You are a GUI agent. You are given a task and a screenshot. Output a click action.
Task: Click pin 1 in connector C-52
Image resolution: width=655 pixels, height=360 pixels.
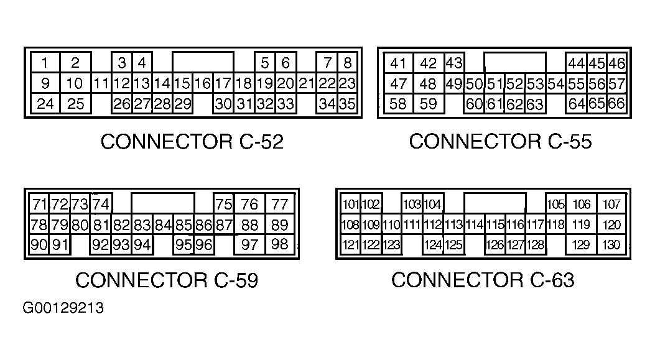click(x=45, y=63)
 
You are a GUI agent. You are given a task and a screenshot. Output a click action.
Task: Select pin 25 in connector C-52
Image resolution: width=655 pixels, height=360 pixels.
click(x=76, y=104)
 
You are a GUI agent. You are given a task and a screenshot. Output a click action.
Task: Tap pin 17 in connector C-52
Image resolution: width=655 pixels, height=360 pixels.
click(x=223, y=83)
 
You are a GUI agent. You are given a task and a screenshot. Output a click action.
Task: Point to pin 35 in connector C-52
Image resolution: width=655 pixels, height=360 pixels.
click(x=347, y=104)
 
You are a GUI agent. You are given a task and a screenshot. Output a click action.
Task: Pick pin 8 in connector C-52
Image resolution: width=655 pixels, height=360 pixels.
click(x=347, y=63)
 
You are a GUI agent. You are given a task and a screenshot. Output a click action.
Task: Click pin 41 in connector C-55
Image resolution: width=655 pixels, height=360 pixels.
click(x=398, y=63)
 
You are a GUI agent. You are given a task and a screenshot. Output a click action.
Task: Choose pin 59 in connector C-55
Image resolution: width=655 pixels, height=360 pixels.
click(x=428, y=104)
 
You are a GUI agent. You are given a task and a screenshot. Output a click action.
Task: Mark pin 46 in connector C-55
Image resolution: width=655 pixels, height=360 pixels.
click(x=616, y=63)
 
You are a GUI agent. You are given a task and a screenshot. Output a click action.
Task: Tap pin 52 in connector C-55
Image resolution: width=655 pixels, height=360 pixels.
click(x=514, y=83)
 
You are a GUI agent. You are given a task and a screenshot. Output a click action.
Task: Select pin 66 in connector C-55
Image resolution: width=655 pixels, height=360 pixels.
click(x=616, y=104)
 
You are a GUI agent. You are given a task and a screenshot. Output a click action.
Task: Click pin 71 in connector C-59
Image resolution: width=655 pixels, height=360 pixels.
click(x=39, y=204)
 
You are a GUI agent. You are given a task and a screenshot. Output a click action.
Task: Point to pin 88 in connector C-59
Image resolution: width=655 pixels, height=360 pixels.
click(x=250, y=224)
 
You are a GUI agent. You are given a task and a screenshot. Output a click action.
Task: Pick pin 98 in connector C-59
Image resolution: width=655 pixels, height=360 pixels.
click(x=280, y=244)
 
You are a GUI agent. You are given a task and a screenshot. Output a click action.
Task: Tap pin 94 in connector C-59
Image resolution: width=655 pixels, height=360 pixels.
click(x=142, y=245)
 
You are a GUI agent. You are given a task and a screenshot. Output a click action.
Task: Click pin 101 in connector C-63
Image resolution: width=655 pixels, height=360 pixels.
click(x=350, y=204)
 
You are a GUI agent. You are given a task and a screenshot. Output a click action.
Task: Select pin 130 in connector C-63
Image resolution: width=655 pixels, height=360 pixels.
click(x=611, y=244)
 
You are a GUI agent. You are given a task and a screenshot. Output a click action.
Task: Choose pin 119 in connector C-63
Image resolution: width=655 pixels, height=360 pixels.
click(x=581, y=224)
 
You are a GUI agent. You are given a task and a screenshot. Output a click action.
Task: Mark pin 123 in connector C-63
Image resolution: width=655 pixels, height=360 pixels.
click(x=391, y=245)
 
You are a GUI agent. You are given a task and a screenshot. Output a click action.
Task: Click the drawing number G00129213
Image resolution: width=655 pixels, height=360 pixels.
click(x=63, y=308)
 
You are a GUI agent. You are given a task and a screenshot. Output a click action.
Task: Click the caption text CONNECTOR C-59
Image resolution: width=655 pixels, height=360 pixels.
click(x=167, y=280)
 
